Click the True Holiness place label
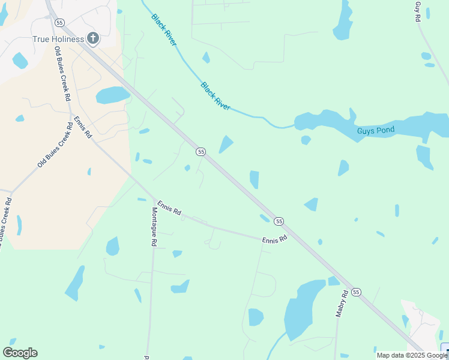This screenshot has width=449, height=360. [58, 39]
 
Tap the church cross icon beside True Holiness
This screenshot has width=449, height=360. [92, 39]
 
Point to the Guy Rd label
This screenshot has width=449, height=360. [418, 12]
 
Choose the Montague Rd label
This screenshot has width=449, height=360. [154, 227]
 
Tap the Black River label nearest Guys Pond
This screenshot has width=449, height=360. [215, 95]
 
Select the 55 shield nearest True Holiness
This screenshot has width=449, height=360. [59, 22]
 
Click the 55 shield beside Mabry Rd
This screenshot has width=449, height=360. [357, 292]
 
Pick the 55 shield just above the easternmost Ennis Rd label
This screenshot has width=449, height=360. [279, 221]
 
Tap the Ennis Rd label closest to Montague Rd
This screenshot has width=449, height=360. [169, 207]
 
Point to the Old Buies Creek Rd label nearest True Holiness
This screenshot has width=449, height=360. [62, 73]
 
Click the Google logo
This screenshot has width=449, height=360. [20, 353]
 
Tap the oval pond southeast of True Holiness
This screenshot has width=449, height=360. [112, 95]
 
